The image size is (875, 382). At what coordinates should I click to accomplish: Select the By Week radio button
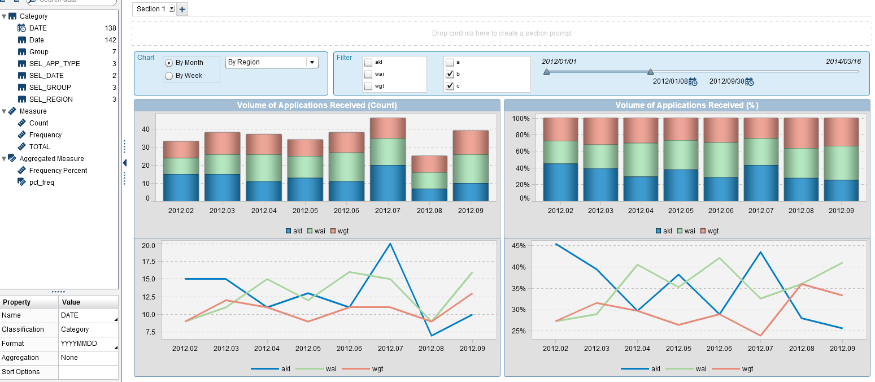coord(169,76)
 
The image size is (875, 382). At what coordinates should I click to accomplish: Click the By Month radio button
coord(169,63)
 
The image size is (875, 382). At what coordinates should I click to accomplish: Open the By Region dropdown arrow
coord(312,62)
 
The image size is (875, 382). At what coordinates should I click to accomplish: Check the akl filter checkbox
coord(368,62)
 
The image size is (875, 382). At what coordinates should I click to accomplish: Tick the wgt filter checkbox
coord(368,86)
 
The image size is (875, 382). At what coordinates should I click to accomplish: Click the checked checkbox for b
coord(450,74)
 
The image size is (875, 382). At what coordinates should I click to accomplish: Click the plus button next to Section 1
coord(182,9)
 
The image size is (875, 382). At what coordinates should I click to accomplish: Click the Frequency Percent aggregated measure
coord(58,171)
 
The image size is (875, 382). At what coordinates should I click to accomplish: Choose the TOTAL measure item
coord(40,147)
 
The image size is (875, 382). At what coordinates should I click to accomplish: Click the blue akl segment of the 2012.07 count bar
coord(388,183)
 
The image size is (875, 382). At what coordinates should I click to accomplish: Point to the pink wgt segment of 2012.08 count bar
coord(429,164)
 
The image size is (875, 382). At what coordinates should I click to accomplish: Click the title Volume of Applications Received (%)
coord(686,105)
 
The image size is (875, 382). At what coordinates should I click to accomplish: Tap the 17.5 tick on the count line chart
coord(148,262)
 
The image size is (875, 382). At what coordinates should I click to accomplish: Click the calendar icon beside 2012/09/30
coord(749,82)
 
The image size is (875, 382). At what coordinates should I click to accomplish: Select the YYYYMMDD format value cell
coord(88,344)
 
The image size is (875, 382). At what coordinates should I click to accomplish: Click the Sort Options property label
coord(21,372)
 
